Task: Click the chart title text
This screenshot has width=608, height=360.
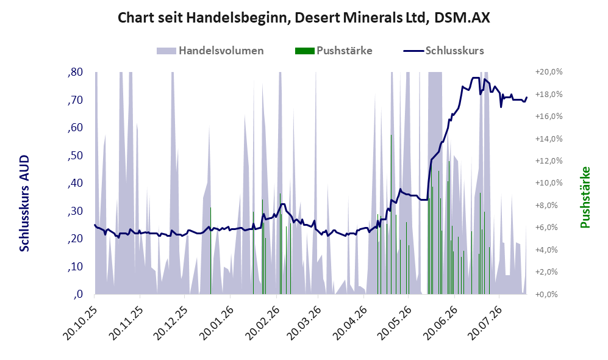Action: [x=304, y=18]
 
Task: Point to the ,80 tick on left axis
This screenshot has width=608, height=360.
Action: [x=75, y=72]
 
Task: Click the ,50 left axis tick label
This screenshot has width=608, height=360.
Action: [x=75, y=156]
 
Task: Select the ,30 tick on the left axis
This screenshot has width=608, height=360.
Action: [x=75, y=211]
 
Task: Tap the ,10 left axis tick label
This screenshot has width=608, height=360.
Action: [x=75, y=267]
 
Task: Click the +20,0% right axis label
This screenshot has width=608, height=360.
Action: [x=549, y=72]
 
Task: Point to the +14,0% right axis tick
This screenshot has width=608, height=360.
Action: [x=549, y=139]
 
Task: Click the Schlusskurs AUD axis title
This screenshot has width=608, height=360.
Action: [x=24, y=203]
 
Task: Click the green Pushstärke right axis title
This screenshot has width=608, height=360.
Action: [x=585, y=198]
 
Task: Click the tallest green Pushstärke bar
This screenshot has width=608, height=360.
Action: [x=391, y=215]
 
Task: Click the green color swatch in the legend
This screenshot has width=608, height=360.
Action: [x=304, y=51]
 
